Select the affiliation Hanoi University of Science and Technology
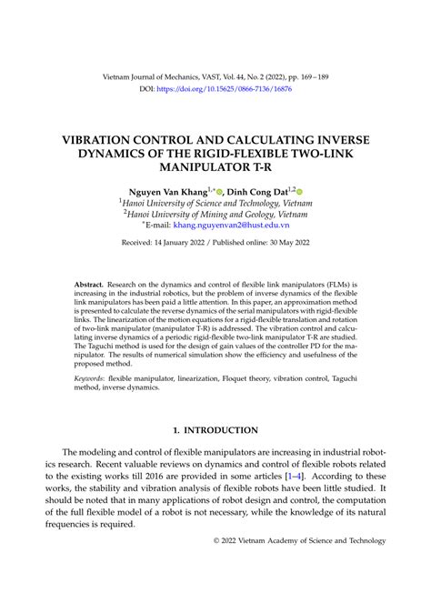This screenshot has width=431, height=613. [x=218, y=206]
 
